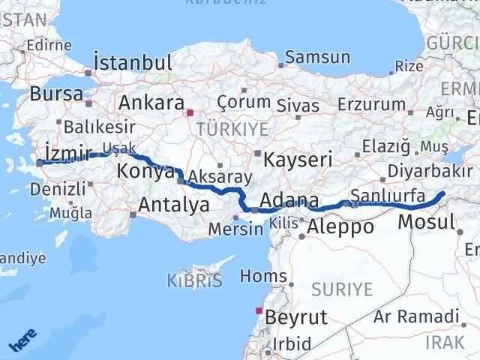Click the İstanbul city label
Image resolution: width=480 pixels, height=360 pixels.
pos(133,61)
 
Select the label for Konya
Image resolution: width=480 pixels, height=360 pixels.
pos(145,172)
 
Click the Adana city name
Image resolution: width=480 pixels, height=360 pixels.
pos(289,201)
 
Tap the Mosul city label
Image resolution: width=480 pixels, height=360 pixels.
pos(426,221)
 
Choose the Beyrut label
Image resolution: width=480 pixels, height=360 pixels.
pos(296,316)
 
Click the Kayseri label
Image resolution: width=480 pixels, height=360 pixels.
pos(293,158)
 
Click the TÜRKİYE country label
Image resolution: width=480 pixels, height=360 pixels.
pos(232,129)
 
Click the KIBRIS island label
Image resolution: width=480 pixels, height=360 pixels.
pos(194,281)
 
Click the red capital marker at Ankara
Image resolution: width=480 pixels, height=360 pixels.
pos(190,113)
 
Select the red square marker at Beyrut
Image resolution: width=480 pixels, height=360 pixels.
pos(259,310)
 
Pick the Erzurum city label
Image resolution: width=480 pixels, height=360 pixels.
pos(364,104)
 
